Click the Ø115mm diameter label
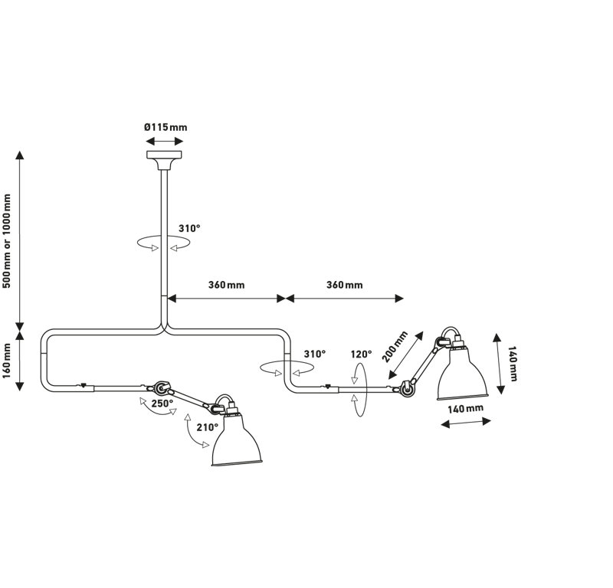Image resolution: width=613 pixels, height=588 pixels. [x=166, y=127]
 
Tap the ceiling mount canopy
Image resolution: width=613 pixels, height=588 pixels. [x=164, y=160]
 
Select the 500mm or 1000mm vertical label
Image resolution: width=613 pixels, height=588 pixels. [x=7, y=240]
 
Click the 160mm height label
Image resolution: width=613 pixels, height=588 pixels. [x=7, y=361]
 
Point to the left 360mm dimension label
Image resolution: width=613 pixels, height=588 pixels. [x=226, y=285]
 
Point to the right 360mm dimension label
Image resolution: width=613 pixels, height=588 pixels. [x=344, y=285]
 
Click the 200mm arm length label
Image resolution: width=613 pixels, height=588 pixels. [x=395, y=347]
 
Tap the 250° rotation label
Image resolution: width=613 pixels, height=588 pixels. [x=162, y=403]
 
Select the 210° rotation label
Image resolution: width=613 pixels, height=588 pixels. [x=207, y=427]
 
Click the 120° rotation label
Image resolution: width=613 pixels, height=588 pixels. [x=361, y=354]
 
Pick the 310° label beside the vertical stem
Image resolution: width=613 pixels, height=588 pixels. [x=189, y=228]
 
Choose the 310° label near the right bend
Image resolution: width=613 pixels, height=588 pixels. [x=315, y=354]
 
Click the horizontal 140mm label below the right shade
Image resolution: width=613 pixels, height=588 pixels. [x=465, y=409]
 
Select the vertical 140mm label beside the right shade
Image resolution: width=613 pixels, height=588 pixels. [x=512, y=364]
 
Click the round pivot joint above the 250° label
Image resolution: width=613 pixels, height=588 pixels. [x=160, y=388]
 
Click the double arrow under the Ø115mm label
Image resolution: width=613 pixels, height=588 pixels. [x=164, y=141]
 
